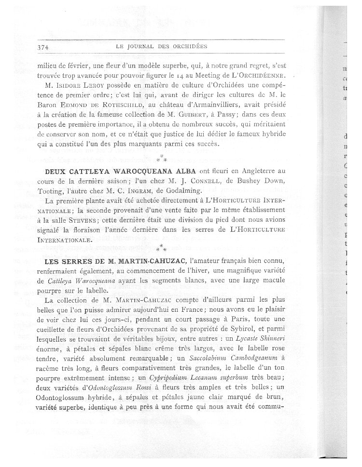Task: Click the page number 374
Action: tap(44, 47)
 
